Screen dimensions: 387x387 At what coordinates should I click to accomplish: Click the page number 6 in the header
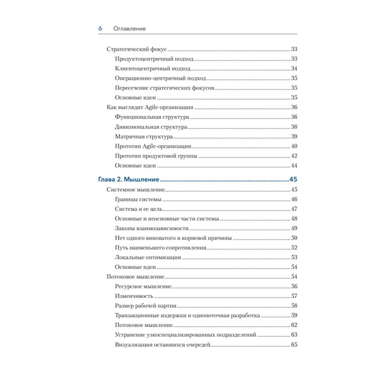pyautogui.click(x=100, y=29)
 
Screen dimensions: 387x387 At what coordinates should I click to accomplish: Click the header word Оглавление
pyautogui.click(x=129, y=29)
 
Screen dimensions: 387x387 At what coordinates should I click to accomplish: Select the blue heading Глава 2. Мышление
pyautogui.click(x=128, y=179)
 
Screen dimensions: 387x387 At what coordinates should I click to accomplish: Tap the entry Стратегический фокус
pyautogui.click(x=136, y=49)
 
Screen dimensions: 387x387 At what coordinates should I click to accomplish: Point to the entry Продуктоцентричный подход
pyautogui.click(x=154, y=59)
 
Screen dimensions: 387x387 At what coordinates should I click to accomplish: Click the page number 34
pyautogui.click(x=294, y=68)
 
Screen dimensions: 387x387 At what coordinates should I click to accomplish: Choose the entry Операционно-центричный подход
pyautogui.click(x=160, y=78)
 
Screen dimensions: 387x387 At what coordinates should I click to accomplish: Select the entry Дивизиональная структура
pyautogui.click(x=151, y=127)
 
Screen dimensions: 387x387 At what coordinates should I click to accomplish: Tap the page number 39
pyautogui.click(x=294, y=136)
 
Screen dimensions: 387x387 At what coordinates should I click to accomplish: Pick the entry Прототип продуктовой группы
pyautogui.click(x=156, y=156)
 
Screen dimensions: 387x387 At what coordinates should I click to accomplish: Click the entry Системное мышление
pyautogui.click(x=136, y=190)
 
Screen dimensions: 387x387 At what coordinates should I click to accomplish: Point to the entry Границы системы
pyautogui.click(x=138, y=199)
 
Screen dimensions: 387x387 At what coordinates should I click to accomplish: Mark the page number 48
pyautogui.click(x=294, y=219)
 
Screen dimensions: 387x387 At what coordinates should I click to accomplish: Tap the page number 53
pyautogui.click(x=294, y=257)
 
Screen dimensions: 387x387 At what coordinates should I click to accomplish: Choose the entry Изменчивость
pyautogui.click(x=134, y=296)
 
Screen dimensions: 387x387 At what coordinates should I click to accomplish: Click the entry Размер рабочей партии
pyautogui.click(x=145, y=306)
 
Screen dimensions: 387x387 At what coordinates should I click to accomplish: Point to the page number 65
pyautogui.click(x=294, y=344)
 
